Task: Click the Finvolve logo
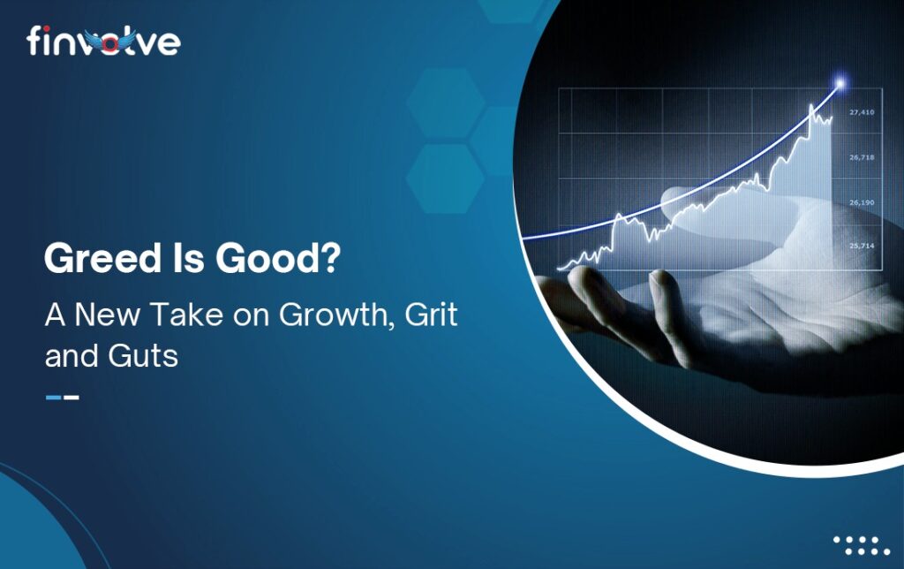point(104,41)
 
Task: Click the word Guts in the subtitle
point(143,355)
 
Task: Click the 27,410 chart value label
point(862,112)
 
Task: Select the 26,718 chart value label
point(862,157)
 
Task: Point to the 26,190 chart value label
point(862,202)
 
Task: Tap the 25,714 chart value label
point(862,246)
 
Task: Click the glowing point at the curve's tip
point(840,84)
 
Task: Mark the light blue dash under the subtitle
point(53,397)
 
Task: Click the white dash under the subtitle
point(72,397)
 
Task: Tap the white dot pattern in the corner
point(862,546)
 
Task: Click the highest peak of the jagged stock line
point(811,105)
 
